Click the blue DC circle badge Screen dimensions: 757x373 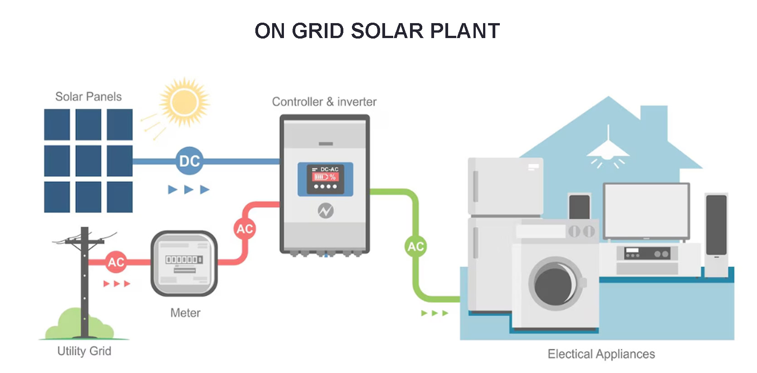(x=190, y=161)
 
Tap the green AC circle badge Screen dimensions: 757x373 (x=415, y=247)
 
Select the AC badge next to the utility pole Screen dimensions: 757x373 (x=116, y=262)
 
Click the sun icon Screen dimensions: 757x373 (x=185, y=102)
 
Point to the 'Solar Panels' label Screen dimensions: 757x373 (x=88, y=97)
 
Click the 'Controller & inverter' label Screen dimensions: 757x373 (x=324, y=102)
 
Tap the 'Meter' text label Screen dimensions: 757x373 (x=185, y=313)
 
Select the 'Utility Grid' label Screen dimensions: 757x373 (x=84, y=351)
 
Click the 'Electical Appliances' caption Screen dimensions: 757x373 (x=601, y=354)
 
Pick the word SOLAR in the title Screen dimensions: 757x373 (x=387, y=31)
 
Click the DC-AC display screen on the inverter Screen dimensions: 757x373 (x=325, y=179)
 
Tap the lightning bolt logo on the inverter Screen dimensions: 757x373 (x=326, y=211)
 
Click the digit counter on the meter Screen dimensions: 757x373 (x=184, y=260)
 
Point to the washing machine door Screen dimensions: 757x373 (x=556, y=283)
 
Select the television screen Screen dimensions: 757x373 (x=646, y=211)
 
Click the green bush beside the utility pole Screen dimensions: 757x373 (x=79, y=324)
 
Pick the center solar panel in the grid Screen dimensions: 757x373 (x=88, y=161)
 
